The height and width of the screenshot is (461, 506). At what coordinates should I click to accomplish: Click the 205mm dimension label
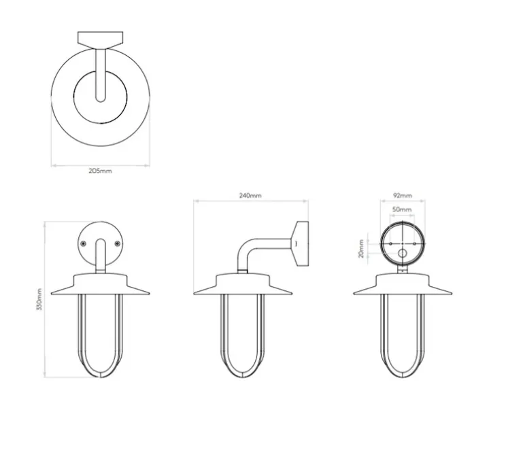101,171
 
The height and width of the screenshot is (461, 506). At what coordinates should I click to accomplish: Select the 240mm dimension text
250,196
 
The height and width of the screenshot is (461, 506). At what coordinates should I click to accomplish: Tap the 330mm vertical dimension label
39,299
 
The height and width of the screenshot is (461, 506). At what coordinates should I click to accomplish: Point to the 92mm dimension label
403,196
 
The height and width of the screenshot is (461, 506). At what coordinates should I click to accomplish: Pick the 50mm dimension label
402,209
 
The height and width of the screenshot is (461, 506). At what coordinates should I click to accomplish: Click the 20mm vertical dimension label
361,249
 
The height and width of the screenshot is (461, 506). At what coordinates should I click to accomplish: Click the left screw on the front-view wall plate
84,243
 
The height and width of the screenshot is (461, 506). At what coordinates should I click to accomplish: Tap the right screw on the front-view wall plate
118,243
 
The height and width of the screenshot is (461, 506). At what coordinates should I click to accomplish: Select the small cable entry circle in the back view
403,254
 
